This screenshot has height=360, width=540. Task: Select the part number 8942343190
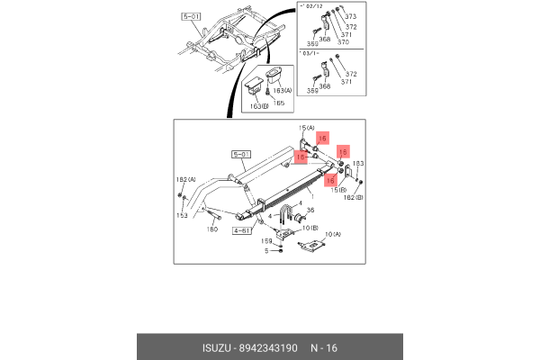click(x=269, y=347)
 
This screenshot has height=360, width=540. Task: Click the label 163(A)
click(x=282, y=91)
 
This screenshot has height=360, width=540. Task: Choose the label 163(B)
click(x=257, y=106)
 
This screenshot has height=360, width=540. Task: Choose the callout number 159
click(x=266, y=240)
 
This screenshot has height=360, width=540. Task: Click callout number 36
click(x=311, y=211)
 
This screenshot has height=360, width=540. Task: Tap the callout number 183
click(x=357, y=163)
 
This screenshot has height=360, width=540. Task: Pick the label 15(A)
click(x=306, y=128)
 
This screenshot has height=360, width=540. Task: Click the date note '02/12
click(x=310, y=8)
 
